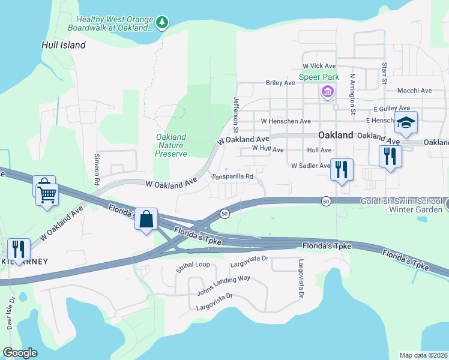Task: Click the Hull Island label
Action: point(63,45)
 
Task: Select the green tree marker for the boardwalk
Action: point(161,23)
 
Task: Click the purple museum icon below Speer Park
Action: point(327,92)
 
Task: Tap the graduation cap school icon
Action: point(406,123)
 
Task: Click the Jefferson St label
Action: point(237,115)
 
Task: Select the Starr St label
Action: point(384,72)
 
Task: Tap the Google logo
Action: point(20,353)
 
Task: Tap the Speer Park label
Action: point(319,77)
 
